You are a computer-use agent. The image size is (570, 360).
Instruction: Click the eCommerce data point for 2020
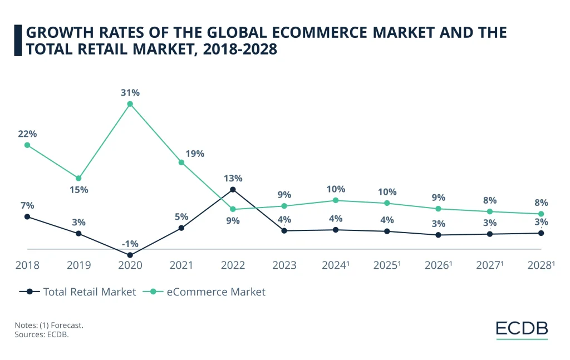click(x=130, y=103)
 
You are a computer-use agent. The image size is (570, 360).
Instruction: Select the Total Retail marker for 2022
click(x=233, y=190)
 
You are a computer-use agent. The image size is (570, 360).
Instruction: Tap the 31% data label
click(x=130, y=92)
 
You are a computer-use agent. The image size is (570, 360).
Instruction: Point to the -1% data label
click(x=130, y=243)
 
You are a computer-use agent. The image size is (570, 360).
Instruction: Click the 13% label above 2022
click(x=233, y=179)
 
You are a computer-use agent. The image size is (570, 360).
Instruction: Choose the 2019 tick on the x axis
click(x=78, y=265)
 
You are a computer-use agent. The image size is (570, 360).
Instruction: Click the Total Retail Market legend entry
click(x=78, y=292)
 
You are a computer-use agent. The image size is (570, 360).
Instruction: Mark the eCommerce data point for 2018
click(x=27, y=145)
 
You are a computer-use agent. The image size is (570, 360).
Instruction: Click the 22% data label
click(x=27, y=134)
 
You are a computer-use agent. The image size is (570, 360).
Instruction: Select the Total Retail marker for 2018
click(x=27, y=216)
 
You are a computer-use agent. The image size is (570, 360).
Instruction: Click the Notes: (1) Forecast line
click(x=49, y=326)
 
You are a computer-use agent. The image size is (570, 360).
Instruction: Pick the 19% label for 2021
click(x=195, y=154)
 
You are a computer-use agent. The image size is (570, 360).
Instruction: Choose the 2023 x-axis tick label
click(x=284, y=265)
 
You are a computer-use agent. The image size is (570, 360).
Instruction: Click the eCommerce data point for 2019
click(x=78, y=178)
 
